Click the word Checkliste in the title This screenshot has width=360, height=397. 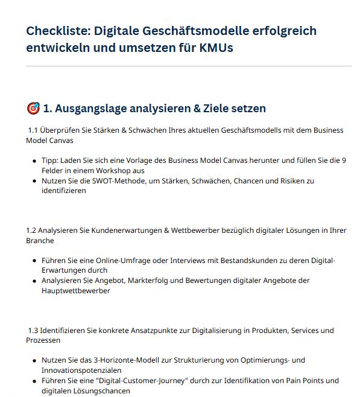pyautogui.click(x=58, y=31)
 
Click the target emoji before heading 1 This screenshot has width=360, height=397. pyautogui.click(x=33, y=109)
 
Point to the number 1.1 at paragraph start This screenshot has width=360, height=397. pyautogui.click(x=34, y=130)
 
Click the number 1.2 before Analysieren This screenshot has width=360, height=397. pyautogui.click(x=32, y=230)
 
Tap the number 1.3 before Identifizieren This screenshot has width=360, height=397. pyautogui.click(x=34, y=331)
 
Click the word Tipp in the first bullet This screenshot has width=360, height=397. pyautogui.click(x=50, y=160)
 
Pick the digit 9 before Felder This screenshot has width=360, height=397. pyautogui.click(x=344, y=160)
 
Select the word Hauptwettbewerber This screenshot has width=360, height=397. pyautogui.click(x=76, y=290)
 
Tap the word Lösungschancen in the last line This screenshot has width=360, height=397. pyautogui.click(x=98, y=390)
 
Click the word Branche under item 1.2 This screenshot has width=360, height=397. pyautogui.click(x=40, y=241)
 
